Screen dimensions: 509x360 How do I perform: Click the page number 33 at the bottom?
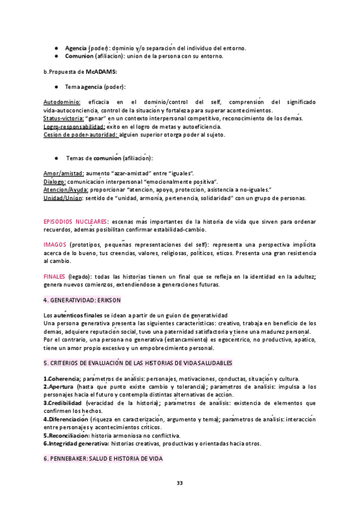point(179,484)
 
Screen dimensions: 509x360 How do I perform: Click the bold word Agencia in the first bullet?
point(76,48)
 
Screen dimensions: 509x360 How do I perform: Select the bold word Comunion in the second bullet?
point(79,56)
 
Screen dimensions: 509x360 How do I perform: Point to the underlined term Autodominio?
point(62,103)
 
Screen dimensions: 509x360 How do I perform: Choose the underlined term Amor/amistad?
point(64,173)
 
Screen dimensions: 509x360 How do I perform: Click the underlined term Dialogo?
point(55,181)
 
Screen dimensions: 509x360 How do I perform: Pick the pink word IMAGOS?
point(55,244)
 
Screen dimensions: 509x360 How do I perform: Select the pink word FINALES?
point(55,276)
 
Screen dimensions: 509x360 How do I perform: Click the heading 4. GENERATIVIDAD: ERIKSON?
point(82,300)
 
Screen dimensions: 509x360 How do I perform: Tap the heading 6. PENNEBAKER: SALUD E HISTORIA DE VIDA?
point(103,458)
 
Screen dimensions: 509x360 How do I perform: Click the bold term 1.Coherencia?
point(62,379)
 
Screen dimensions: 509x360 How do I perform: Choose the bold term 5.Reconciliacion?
point(67,435)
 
